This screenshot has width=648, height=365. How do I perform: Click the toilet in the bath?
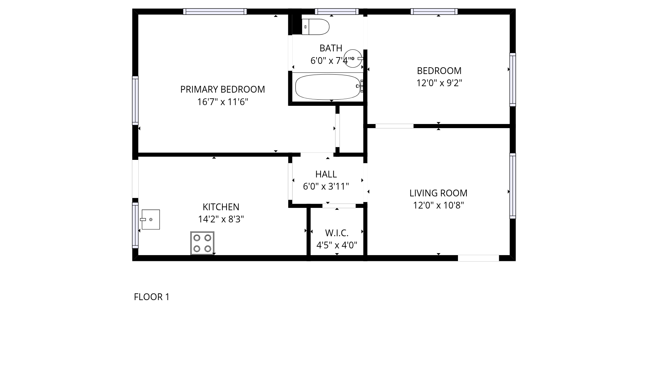click(x=315, y=27)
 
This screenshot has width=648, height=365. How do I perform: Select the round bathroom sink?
click(x=353, y=58)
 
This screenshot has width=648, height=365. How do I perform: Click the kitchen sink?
click(x=150, y=219)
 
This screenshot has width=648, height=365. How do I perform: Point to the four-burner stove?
click(x=202, y=243)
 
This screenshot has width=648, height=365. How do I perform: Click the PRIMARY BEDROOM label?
click(x=222, y=90)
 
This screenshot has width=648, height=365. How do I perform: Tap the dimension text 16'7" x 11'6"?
click(x=222, y=102)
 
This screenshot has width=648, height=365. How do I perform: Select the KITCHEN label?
click(x=221, y=207)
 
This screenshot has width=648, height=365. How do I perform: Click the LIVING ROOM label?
click(x=438, y=193)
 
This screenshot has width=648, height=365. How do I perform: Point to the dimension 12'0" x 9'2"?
click(x=439, y=83)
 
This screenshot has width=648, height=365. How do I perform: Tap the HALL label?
click(x=326, y=174)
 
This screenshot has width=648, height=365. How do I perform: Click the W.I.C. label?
click(x=337, y=233)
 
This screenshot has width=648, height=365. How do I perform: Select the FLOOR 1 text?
click(x=152, y=297)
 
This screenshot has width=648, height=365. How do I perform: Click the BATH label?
click(x=331, y=48)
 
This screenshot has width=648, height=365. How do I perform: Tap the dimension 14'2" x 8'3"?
click(x=221, y=219)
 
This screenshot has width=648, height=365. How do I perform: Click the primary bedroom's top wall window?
click(x=215, y=11)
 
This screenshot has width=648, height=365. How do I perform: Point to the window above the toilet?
click(x=336, y=11)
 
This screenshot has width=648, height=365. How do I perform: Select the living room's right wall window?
click(x=513, y=186)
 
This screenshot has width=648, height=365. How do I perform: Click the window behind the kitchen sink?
click(x=135, y=225)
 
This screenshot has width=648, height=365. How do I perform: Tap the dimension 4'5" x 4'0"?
click(x=337, y=245)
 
